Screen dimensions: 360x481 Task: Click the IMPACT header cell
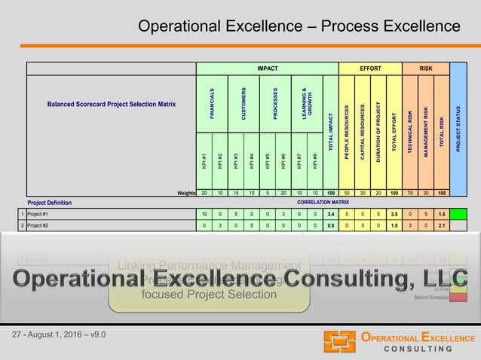pyautogui.click(x=267, y=69)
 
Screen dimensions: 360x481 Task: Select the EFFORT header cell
pyautogui.click(x=370, y=69)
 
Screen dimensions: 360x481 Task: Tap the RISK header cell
pyautogui.click(x=426, y=69)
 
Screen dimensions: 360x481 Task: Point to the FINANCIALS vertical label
pyautogui.click(x=213, y=102)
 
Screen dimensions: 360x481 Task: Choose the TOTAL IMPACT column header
pyautogui.click(x=330, y=128)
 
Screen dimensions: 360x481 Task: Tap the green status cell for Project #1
pyautogui.click(x=458, y=215)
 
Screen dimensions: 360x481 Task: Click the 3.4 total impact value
pyautogui.click(x=330, y=215)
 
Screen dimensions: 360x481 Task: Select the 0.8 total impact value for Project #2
pyautogui.click(x=330, y=225)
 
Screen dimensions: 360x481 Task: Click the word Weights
pyautogui.click(x=186, y=193)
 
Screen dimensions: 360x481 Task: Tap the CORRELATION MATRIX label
pyautogui.click(x=323, y=203)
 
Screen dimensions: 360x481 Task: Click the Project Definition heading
pyautogui.click(x=50, y=203)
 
